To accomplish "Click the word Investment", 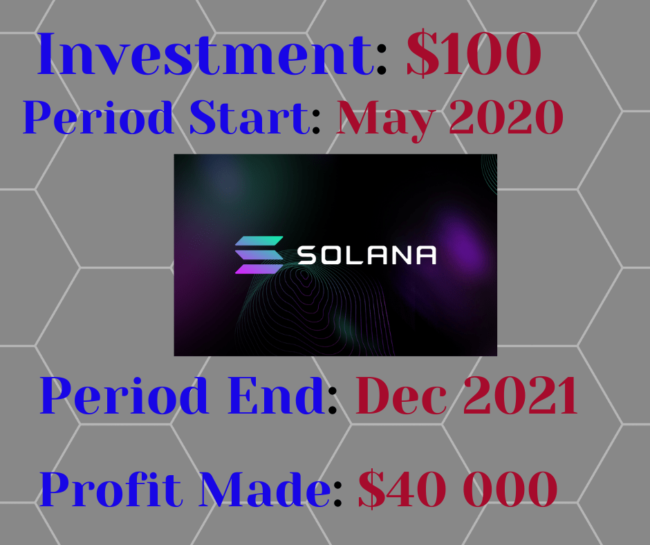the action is [205, 54].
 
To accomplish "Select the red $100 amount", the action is [474, 54].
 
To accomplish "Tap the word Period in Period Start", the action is [98, 118].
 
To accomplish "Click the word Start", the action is [250, 118].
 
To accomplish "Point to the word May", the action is [386, 121].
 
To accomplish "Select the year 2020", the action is [506, 118].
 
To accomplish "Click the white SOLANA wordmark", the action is [367, 255].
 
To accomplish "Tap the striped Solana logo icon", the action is [259, 255].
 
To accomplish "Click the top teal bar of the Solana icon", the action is [259, 241].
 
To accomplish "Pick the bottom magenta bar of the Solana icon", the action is [259, 269].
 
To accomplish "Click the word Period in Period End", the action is [124, 396].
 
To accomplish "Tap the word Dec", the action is [401, 396].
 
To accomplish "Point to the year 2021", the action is [520, 396].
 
